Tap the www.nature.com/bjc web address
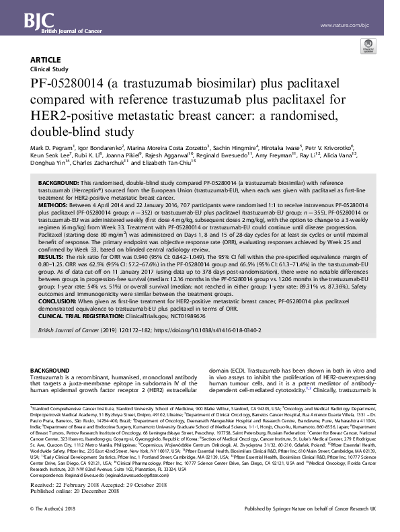click(x=344, y=26)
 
